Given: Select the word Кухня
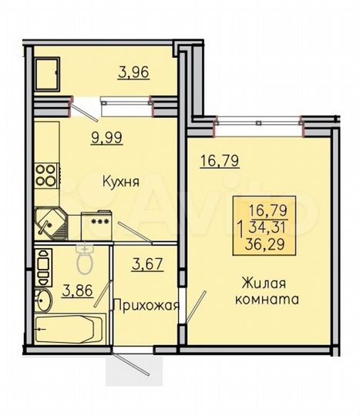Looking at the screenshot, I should pyautogui.click(x=119, y=183).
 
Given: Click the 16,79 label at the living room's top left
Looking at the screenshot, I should pyautogui.click(x=216, y=161).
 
